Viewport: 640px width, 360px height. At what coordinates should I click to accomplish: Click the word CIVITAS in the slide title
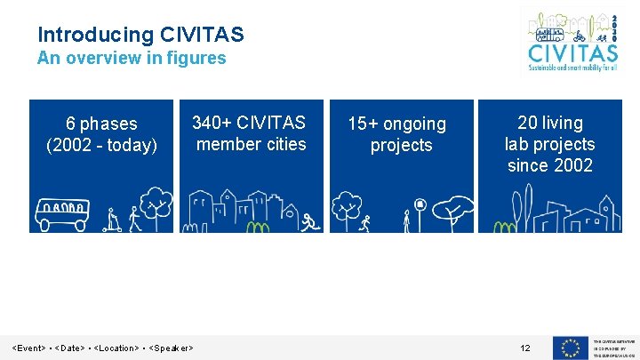pos(202,35)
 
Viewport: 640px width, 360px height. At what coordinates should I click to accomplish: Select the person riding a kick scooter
pos(113,219)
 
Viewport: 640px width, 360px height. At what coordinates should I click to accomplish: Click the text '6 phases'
pos(101,124)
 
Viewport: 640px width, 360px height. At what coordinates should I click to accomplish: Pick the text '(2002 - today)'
pos(101,145)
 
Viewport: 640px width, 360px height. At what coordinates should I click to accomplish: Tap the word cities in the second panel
pos(281,144)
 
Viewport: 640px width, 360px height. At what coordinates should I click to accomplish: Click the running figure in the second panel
pos(308,222)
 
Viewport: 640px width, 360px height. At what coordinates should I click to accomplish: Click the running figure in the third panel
pos(364,224)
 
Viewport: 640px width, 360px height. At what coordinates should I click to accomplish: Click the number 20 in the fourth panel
pos(528,123)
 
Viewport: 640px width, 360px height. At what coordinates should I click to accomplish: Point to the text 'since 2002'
pos(549,165)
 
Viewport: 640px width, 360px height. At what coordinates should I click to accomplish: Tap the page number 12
pos(525,348)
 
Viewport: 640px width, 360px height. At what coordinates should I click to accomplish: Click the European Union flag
pos(569,348)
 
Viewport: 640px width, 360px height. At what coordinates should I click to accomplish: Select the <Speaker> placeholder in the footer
pos(172,348)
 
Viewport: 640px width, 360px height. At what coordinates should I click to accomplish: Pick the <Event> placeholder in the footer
pos(28,348)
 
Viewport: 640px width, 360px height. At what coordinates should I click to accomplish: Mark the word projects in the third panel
pos(401,145)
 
